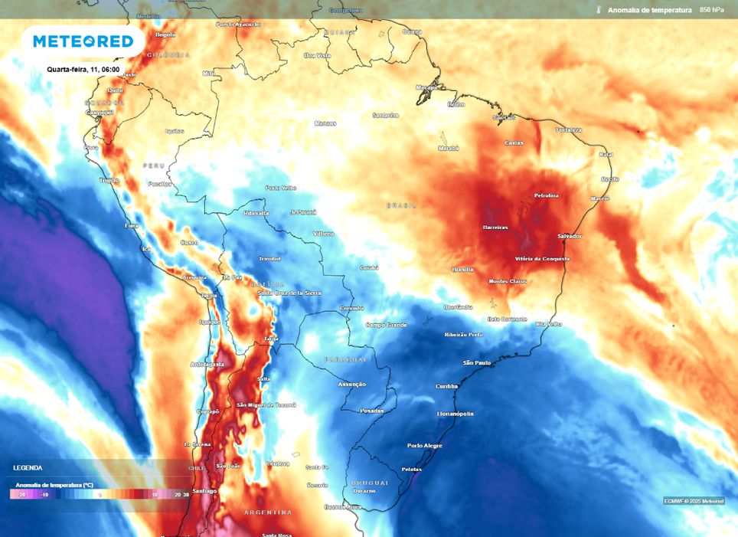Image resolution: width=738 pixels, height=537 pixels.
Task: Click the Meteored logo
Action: point(83,41)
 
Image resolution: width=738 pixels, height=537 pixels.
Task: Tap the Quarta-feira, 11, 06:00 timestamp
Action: point(82,69)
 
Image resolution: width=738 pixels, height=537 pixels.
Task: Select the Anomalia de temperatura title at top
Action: point(649,10)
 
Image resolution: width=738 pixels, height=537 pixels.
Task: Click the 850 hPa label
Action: point(712,10)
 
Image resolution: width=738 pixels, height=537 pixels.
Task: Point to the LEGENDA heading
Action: point(28,467)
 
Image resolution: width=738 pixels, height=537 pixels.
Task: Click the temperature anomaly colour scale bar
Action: point(100,495)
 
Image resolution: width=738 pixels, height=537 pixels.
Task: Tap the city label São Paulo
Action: point(477,362)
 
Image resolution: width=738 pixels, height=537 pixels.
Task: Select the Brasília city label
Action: point(463,269)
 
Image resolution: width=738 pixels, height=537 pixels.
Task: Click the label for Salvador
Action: point(570,236)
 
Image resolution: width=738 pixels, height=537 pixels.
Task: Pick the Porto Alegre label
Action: point(425,445)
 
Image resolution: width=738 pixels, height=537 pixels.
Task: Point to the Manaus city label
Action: point(325,123)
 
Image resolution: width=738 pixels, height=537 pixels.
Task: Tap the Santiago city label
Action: point(205,490)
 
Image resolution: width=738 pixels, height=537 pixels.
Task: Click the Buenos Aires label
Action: point(342,506)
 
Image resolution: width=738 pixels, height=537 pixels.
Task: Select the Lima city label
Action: point(131,225)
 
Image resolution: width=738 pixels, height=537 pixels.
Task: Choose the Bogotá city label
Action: point(165,34)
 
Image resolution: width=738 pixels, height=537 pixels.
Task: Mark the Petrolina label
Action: point(546,195)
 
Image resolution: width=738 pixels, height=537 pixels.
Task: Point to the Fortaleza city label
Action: point(569,130)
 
